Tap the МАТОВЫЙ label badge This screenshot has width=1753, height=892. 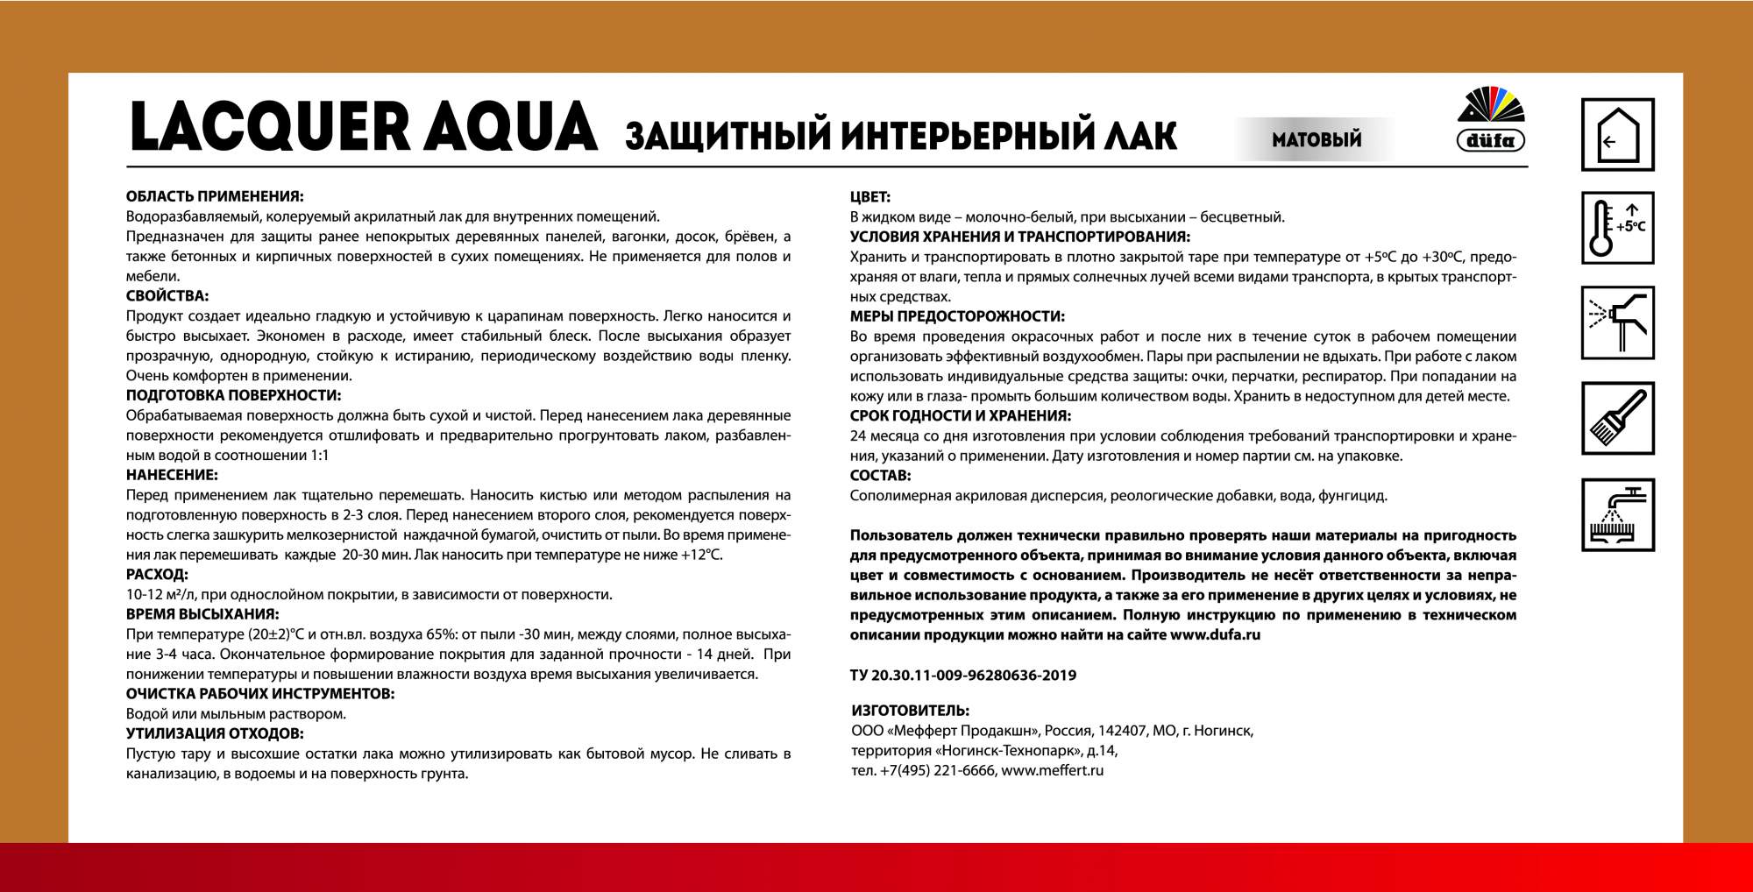point(1317,139)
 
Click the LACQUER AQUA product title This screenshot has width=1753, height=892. point(364,128)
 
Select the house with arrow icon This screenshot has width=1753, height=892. point(1617,135)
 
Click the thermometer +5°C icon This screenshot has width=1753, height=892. point(1617,228)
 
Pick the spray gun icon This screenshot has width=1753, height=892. point(1617,322)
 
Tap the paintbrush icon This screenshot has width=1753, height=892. point(1617,418)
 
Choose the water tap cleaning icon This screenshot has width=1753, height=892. point(1617,514)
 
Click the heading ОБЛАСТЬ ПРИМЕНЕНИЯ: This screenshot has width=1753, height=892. point(215,196)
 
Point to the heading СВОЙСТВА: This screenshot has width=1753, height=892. point(167,296)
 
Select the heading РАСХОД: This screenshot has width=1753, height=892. point(157,575)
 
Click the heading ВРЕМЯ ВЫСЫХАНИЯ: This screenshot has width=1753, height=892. point(202,614)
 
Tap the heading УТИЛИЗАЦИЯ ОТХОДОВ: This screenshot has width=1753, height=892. point(215,733)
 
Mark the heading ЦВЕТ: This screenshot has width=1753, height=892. point(870,197)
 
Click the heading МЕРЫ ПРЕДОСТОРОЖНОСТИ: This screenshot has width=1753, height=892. point(957,316)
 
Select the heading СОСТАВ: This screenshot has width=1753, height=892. point(880,476)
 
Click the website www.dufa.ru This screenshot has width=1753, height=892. point(1215,634)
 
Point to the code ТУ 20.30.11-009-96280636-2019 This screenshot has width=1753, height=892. point(963,676)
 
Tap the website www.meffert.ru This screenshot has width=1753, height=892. point(1052,771)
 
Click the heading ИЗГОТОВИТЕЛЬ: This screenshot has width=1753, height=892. point(910,711)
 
